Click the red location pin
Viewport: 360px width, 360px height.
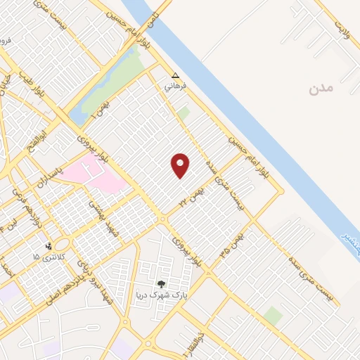point(181,165)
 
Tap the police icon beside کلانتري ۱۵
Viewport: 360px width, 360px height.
point(49,247)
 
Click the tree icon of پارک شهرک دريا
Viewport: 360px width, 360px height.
point(163,284)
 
